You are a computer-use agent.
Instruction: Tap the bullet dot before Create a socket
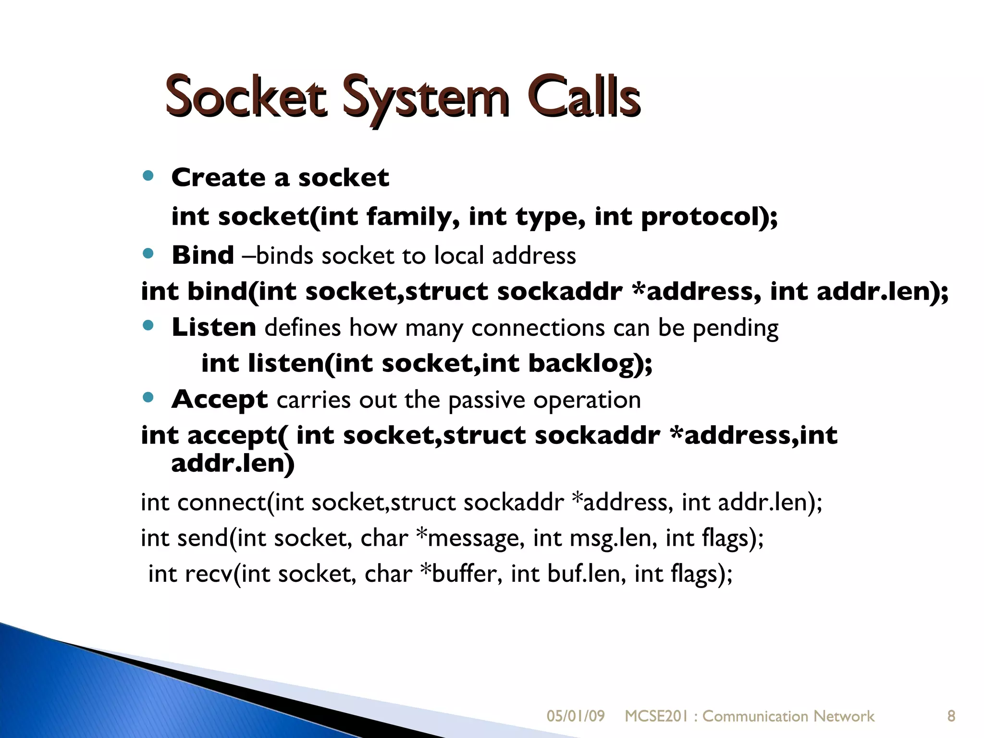click(148, 176)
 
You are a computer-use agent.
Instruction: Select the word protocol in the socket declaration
click(702, 217)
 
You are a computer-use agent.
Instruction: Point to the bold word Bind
click(203, 255)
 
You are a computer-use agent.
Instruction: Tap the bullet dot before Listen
click(148, 326)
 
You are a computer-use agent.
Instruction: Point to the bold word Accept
click(220, 400)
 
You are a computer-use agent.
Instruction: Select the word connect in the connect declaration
click(221, 503)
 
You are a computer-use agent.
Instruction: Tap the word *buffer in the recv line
click(460, 574)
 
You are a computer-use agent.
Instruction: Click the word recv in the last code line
click(208, 574)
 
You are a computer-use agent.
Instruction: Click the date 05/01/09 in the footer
click(576, 716)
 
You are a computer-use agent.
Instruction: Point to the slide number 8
click(951, 716)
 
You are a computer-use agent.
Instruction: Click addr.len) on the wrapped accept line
click(233, 464)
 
